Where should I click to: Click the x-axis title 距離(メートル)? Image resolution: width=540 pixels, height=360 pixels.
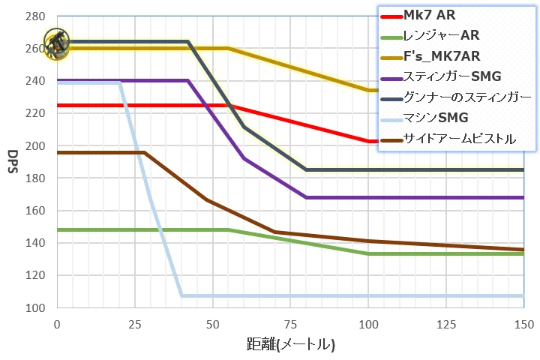(x=290, y=345)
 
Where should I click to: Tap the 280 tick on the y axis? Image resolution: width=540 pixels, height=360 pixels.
(x=36, y=16)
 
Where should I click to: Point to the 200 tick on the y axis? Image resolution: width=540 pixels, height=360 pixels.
(x=36, y=145)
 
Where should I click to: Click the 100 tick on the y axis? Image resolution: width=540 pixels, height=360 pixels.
(x=36, y=308)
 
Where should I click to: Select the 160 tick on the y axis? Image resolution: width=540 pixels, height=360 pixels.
(x=36, y=211)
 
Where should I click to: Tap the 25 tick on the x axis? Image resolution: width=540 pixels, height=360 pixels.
(x=134, y=323)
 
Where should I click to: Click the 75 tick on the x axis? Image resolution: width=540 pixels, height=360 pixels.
(x=290, y=323)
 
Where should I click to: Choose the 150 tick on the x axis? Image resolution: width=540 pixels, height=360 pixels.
(x=523, y=323)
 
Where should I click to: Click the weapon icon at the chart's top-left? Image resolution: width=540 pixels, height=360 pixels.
(x=56, y=43)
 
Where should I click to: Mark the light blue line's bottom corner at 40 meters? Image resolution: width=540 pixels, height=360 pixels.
(x=181, y=295)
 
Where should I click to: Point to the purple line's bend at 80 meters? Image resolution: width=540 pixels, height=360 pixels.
(x=306, y=197)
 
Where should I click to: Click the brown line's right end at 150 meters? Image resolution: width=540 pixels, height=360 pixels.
(x=523, y=250)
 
